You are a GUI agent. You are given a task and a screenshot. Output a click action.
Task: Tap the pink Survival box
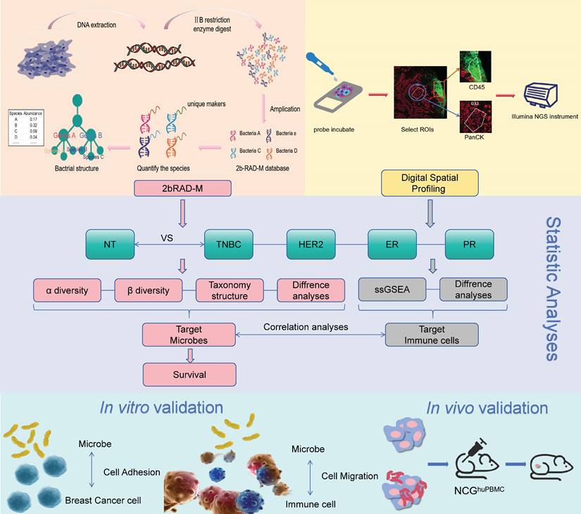[189, 374]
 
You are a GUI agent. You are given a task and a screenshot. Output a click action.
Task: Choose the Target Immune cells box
[432, 335]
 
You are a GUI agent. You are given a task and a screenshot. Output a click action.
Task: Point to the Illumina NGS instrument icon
[546, 94]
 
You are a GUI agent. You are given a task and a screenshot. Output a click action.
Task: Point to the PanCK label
[475, 137]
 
